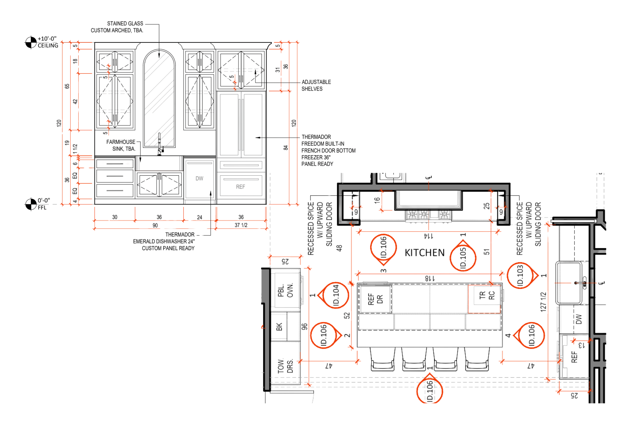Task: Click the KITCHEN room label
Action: point(424,253)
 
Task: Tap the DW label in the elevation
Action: point(199,178)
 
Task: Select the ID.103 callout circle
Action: point(520,276)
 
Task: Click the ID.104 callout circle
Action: point(336,295)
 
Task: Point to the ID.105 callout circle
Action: point(463,258)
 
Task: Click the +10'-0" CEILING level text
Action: point(48,42)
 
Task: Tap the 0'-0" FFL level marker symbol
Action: point(31,204)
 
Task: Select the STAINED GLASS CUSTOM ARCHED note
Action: point(117,27)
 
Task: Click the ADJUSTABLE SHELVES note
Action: point(316,85)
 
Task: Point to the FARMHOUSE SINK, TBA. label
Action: point(121,145)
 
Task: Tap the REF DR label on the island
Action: point(375,299)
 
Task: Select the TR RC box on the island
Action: point(484,299)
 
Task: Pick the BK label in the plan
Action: point(279,327)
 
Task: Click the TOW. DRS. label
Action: point(285,366)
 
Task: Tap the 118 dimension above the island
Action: point(430,278)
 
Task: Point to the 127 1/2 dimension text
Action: point(543,302)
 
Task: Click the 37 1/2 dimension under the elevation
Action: point(241,225)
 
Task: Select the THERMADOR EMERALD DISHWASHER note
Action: point(164,241)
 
